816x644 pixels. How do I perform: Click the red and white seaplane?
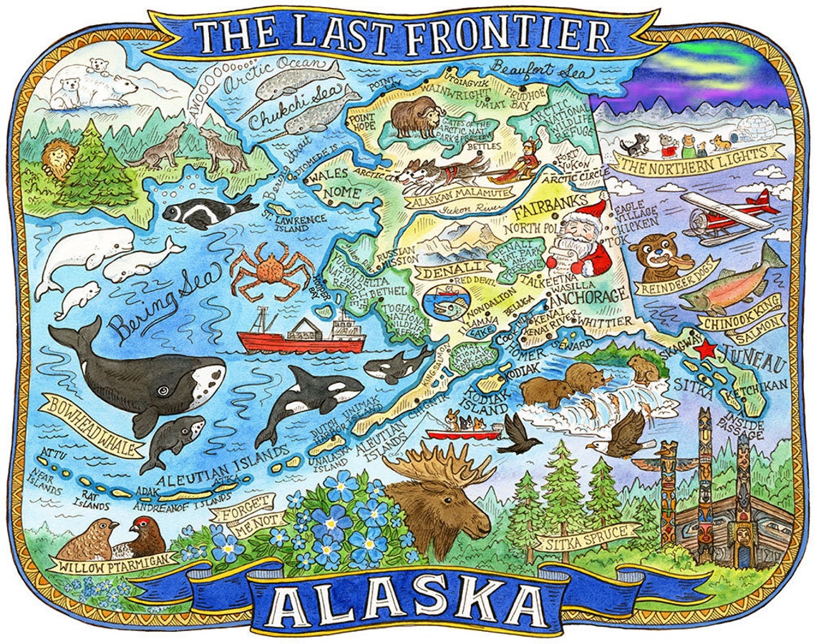point(727,212)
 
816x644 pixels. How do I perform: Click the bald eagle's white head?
point(596,445)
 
